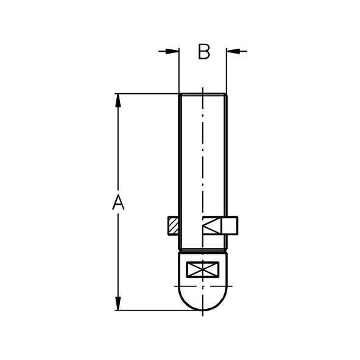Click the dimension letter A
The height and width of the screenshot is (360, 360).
(x=118, y=202)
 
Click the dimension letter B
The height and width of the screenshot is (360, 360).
(x=204, y=52)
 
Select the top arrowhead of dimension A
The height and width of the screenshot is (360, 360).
(x=118, y=101)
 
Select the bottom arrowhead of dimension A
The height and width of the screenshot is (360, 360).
(x=118, y=303)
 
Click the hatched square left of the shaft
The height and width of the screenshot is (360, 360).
(x=173, y=226)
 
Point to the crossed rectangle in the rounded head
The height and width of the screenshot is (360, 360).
(x=202, y=269)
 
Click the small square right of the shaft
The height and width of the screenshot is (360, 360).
(x=230, y=225)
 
